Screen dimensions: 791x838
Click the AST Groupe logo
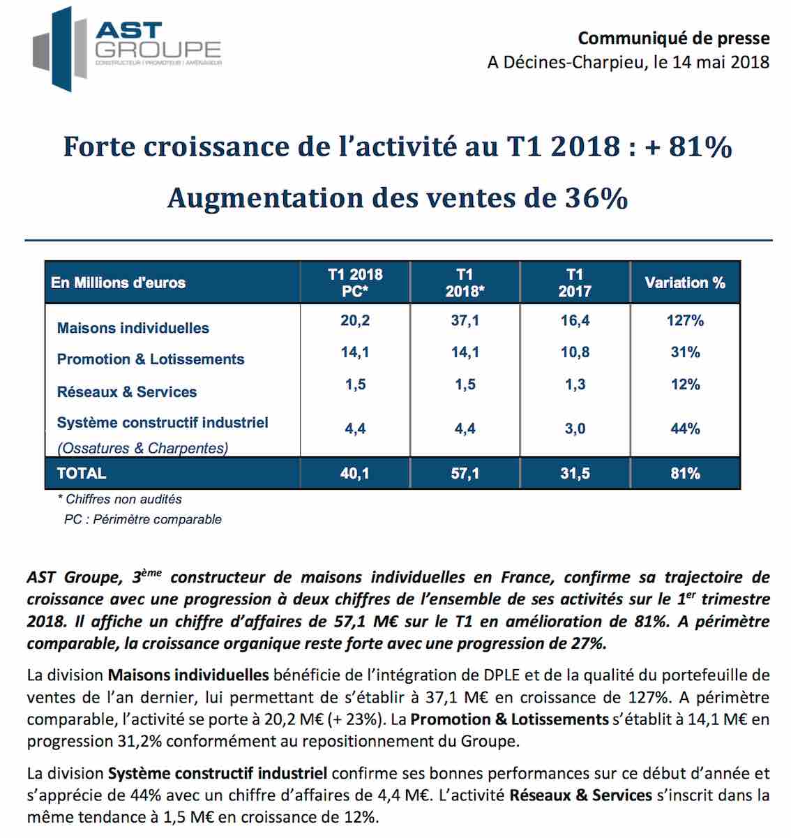click(126, 49)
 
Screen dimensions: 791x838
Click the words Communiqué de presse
click(674, 38)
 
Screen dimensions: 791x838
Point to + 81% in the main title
click(688, 147)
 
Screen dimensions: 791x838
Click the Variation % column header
click(685, 283)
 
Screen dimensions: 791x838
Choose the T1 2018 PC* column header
click(355, 283)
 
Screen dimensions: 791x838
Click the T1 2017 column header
click(575, 283)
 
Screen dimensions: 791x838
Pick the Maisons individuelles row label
click(133, 328)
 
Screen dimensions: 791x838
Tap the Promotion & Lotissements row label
click(151, 359)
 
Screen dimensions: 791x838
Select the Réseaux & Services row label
click(127, 391)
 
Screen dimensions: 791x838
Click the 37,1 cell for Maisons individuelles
click(465, 320)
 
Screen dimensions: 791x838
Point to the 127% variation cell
click(685, 321)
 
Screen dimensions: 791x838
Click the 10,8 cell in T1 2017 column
click(575, 352)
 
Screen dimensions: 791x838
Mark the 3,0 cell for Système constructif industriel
click(575, 428)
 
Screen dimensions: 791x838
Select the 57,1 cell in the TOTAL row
click(465, 473)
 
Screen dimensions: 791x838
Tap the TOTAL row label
click(82, 473)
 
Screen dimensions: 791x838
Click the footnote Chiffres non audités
click(120, 499)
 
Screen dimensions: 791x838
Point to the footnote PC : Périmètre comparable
click(142, 519)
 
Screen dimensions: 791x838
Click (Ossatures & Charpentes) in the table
click(142, 448)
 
